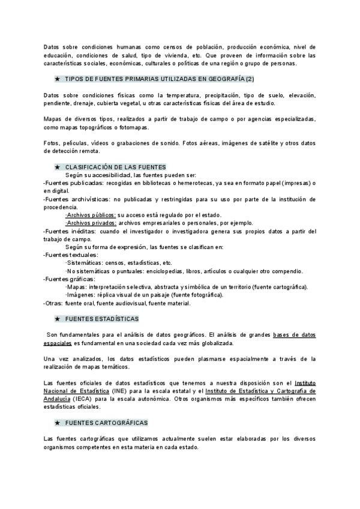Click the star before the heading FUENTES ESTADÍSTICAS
click(56, 319)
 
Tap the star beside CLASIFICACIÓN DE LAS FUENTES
click(56, 166)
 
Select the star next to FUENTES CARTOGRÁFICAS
click(56, 406)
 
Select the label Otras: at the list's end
click(54, 303)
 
